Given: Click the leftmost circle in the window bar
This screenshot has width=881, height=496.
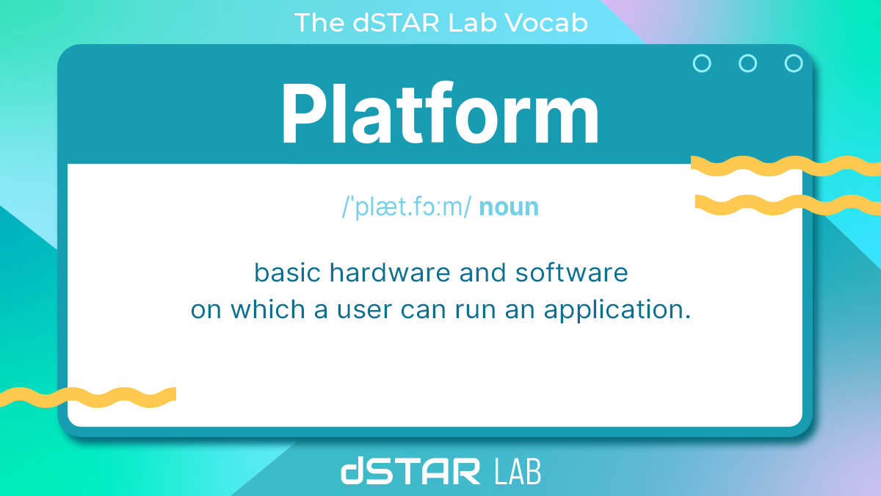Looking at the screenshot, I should [x=702, y=63].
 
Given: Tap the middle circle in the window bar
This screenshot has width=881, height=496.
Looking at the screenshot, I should [x=747, y=63].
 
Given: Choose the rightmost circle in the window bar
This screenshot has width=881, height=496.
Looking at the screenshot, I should [x=794, y=63].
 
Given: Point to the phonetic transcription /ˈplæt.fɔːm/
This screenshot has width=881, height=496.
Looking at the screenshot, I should [x=406, y=207].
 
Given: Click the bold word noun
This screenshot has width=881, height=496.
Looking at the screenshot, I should [x=509, y=207].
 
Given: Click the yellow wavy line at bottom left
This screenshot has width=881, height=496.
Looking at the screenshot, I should [x=88, y=397].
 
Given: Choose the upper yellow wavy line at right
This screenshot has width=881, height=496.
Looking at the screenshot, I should [x=786, y=166].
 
